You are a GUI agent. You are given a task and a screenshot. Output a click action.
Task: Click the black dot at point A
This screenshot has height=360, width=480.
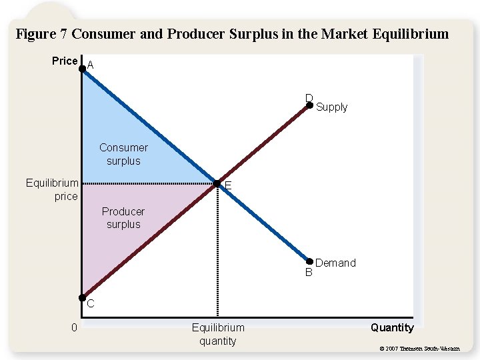(82, 68)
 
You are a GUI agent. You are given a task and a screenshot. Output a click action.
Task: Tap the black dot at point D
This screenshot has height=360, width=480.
(309, 105)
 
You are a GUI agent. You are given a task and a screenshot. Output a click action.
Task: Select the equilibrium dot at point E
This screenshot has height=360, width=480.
(217, 183)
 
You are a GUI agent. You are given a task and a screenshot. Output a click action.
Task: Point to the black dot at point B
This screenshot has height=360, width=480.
(309, 261)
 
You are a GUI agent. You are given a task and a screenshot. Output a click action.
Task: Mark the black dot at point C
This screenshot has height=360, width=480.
(82, 298)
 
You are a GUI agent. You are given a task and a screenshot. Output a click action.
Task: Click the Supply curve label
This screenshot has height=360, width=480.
(331, 107)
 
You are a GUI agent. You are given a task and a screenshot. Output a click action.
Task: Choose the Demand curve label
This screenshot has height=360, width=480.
(335, 263)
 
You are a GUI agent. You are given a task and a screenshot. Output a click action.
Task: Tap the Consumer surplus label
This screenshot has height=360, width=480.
(123, 154)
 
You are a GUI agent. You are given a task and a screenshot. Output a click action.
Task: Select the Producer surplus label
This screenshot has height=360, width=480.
(123, 218)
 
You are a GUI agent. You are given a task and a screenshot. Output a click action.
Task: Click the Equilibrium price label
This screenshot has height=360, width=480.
(52, 189)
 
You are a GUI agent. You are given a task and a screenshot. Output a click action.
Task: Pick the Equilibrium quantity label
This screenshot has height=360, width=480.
(218, 334)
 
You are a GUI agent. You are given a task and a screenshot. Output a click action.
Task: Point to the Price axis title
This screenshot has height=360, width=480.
(65, 61)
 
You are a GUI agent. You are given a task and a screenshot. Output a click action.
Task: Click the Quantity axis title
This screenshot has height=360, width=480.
(392, 327)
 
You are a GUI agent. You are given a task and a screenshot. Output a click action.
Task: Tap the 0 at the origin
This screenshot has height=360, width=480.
(75, 327)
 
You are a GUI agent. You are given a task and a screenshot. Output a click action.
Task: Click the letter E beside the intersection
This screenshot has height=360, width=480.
(228, 185)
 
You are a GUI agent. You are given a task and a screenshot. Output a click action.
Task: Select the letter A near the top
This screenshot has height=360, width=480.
(91, 65)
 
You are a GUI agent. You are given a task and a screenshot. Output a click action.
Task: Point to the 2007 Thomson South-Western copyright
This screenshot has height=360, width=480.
(419, 348)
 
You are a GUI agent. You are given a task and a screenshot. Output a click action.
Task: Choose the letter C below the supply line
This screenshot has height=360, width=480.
(90, 305)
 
